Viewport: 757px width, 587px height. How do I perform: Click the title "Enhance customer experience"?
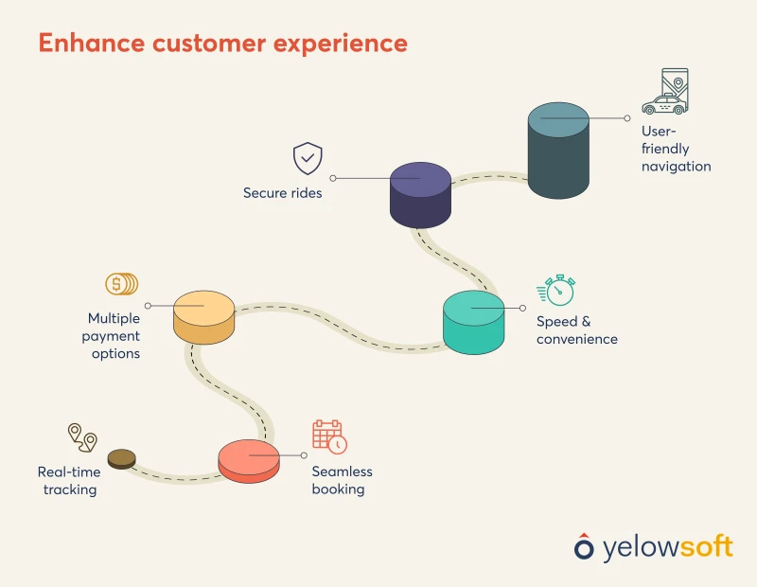pyautogui.click(x=222, y=44)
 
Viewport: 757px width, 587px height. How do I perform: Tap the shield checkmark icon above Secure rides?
pyautogui.click(x=308, y=158)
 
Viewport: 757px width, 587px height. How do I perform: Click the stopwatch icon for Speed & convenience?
pyautogui.click(x=556, y=290)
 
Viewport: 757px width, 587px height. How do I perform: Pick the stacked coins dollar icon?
pyautogui.click(x=121, y=283)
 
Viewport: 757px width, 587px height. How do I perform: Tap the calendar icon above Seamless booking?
pyautogui.click(x=329, y=436)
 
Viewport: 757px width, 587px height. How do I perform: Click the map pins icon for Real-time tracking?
pyautogui.click(x=81, y=437)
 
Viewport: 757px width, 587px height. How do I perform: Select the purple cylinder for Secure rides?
pyautogui.click(x=420, y=195)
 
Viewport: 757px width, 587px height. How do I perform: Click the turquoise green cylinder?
pyautogui.click(x=474, y=323)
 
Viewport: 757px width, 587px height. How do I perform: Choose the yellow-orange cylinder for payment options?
pyautogui.click(x=203, y=317)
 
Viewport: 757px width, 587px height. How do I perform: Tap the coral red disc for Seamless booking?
pyautogui.click(x=249, y=462)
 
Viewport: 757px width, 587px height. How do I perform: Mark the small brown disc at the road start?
pyautogui.click(x=121, y=459)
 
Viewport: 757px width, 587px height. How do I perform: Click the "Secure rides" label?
pyautogui.click(x=282, y=193)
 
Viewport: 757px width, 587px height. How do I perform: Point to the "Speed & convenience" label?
pyautogui.click(x=576, y=330)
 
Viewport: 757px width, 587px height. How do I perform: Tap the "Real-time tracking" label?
pyautogui.click(x=68, y=480)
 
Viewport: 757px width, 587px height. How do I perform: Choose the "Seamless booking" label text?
pyautogui.click(x=342, y=480)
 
